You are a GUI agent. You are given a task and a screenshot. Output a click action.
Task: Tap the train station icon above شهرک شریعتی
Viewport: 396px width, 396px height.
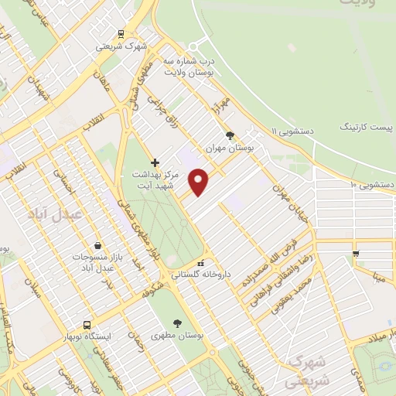(x=121, y=33)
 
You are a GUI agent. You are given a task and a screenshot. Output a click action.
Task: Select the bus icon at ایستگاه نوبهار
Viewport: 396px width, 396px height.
(x=87, y=326)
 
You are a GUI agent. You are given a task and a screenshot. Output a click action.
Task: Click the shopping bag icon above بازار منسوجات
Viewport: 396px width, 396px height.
(x=97, y=245)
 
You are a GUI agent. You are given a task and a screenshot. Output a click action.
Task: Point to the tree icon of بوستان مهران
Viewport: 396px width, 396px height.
(x=230, y=135)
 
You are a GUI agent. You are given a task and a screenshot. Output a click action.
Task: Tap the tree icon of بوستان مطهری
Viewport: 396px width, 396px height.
(x=179, y=324)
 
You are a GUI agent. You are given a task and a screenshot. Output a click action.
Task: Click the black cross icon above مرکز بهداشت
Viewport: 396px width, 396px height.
(x=155, y=162)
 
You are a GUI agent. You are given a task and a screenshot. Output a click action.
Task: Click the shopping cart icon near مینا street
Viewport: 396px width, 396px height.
(x=355, y=252)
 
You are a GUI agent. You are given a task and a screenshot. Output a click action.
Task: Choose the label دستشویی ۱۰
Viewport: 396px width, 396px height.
(x=373, y=185)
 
